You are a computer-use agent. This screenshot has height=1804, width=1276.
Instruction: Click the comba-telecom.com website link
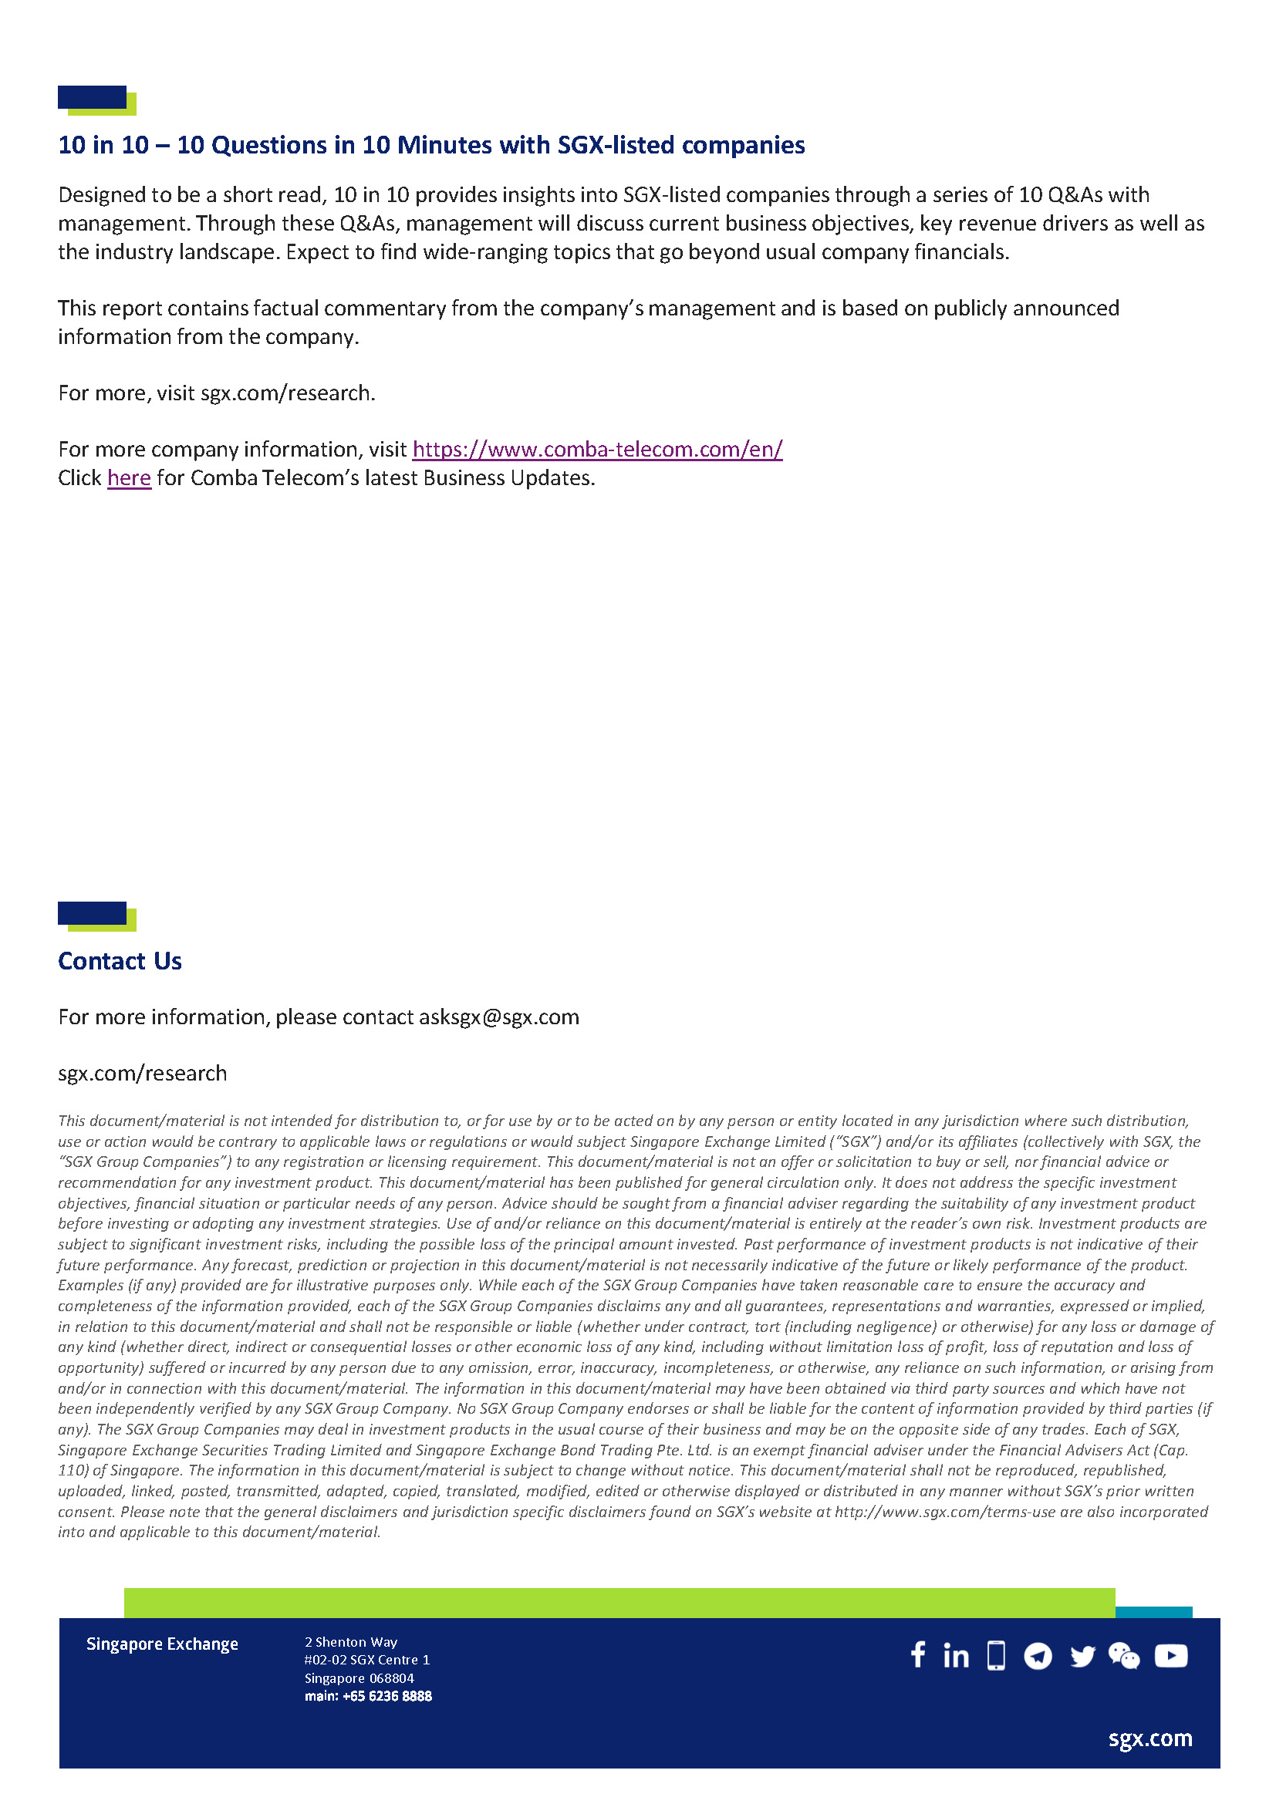click(x=597, y=450)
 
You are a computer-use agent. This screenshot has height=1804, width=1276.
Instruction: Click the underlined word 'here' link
click(x=129, y=477)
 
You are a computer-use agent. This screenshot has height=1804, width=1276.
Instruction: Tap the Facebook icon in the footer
click(x=918, y=1655)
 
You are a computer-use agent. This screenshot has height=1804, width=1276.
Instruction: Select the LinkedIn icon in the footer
click(x=955, y=1656)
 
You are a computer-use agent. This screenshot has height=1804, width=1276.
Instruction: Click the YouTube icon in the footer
click(x=1171, y=1656)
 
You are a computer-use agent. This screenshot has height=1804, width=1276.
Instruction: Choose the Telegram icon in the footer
click(x=1038, y=1656)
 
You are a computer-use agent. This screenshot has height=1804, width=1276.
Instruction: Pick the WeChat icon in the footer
click(x=1123, y=1656)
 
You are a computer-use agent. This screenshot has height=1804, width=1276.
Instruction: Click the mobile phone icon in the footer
click(x=996, y=1655)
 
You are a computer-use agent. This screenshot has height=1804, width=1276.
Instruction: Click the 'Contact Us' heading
click(x=120, y=961)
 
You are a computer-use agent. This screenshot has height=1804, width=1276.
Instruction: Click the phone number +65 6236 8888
click(x=387, y=1696)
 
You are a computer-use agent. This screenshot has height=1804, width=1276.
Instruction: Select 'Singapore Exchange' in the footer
click(x=162, y=1644)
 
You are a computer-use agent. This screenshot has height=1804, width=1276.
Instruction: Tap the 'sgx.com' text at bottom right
click(x=1150, y=1738)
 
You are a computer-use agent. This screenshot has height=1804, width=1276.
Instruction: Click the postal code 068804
click(x=392, y=1678)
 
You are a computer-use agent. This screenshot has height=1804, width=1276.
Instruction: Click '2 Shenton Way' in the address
click(x=351, y=1642)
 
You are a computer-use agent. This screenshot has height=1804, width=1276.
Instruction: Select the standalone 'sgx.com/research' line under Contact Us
click(x=142, y=1074)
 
